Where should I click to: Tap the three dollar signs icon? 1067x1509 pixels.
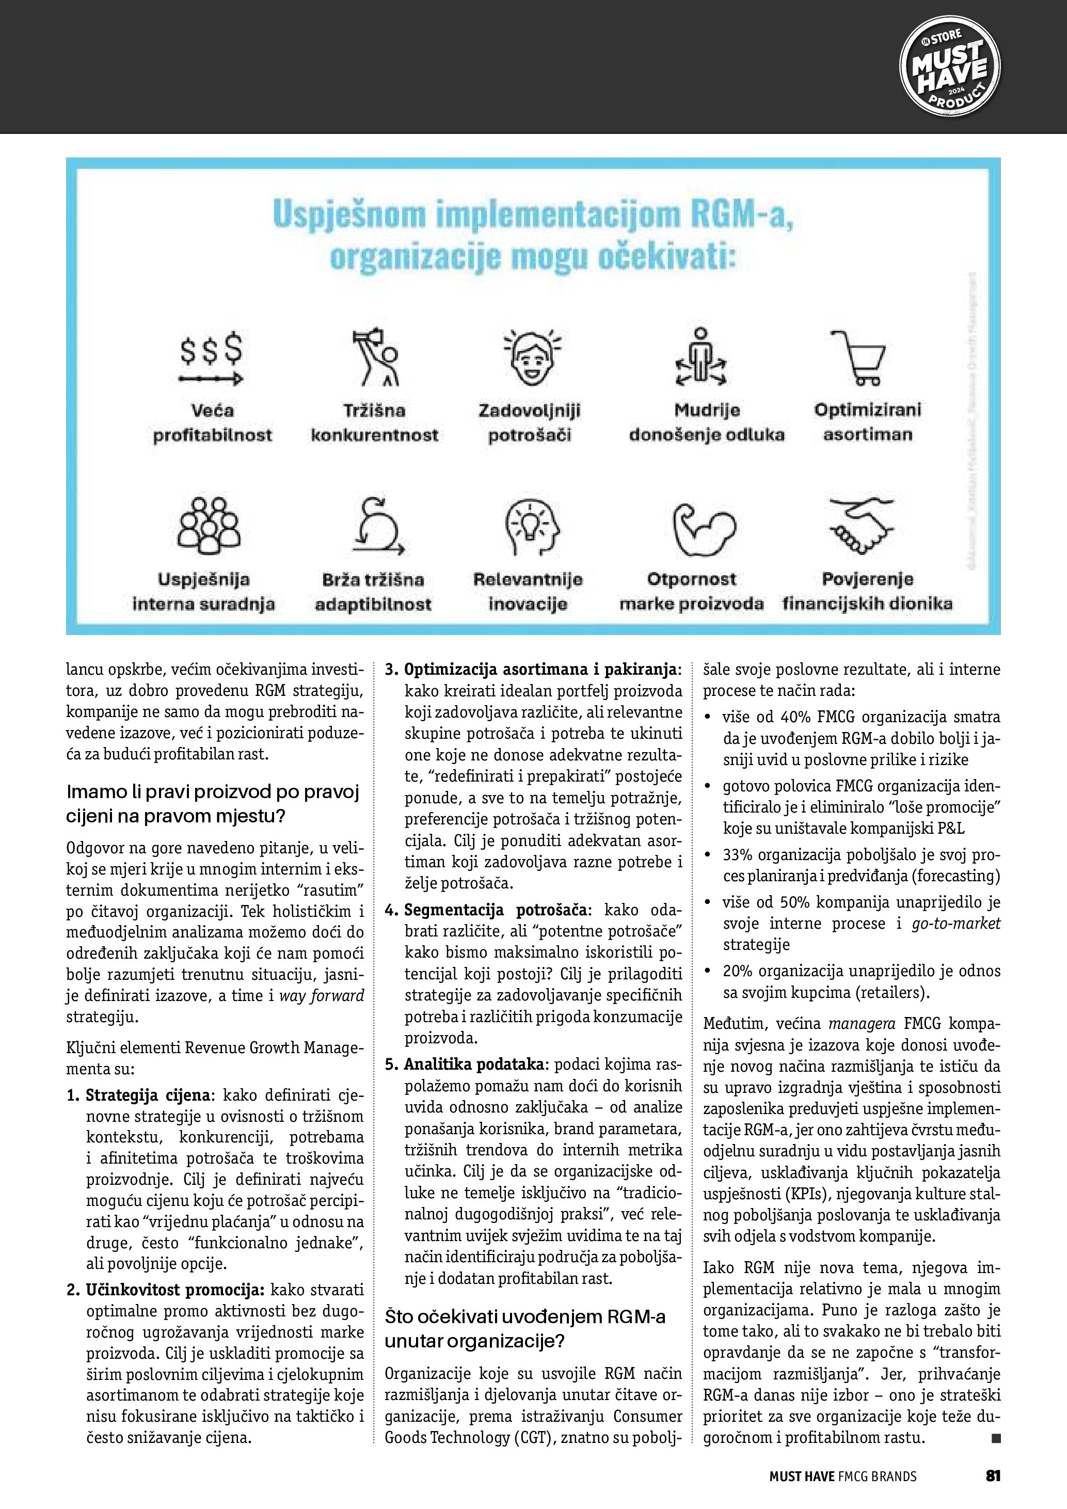212,358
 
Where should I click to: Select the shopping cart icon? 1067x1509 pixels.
858,356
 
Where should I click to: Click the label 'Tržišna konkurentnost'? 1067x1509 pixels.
374,423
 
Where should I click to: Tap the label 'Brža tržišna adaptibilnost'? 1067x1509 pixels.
373,592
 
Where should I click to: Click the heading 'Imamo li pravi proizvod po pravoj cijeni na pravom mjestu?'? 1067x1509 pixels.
213,804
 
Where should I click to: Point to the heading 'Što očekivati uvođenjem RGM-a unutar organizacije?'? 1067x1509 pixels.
524,1329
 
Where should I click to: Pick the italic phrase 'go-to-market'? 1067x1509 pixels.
955,924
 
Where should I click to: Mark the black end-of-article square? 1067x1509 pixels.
995,1439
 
